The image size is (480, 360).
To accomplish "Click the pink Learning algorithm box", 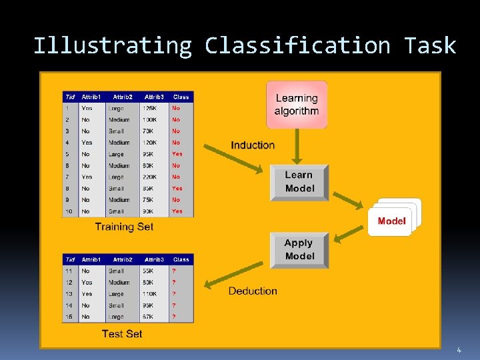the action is [297, 105].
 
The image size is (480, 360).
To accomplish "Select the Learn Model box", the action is [299, 182].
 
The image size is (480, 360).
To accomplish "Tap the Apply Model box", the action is [299, 250].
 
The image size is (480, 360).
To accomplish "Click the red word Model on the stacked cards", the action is [391, 221].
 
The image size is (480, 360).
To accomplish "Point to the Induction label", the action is [253, 145].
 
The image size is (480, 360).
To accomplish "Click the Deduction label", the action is [253, 291].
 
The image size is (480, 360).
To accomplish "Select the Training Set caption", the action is [124, 227].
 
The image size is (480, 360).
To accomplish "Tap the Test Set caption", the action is [122, 333].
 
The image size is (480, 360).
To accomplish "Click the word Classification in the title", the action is [297, 45].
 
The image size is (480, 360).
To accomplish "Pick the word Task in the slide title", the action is [430, 45].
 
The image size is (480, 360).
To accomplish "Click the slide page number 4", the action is [459, 350].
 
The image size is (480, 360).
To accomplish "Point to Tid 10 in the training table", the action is [68, 212].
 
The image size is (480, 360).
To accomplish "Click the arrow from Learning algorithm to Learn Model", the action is [297, 146].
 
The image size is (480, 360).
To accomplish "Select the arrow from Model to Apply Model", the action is [348, 233].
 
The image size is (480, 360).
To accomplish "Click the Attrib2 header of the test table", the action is [123, 259].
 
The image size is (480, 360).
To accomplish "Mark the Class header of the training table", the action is [181, 97].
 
